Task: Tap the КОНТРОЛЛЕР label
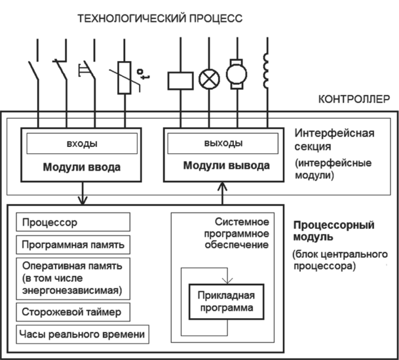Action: click(x=354, y=100)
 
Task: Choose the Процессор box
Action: click(x=73, y=222)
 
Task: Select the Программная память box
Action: click(x=73, y=245)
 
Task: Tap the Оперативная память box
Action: click(x=73, y=277)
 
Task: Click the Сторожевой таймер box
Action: click(x=73, y=310)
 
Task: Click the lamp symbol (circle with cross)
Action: click(x=208, y=79)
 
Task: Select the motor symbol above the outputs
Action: click(x=236, y=73)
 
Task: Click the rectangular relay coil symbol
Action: click(x=180, y=80)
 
